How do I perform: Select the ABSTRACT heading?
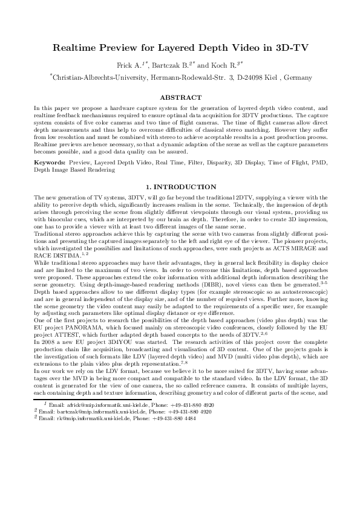click(x=180, y=97)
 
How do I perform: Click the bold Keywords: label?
click(x=50, y=146)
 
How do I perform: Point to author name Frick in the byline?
click(x=125, y=65)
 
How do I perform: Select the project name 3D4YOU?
click(x=110, y=332)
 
